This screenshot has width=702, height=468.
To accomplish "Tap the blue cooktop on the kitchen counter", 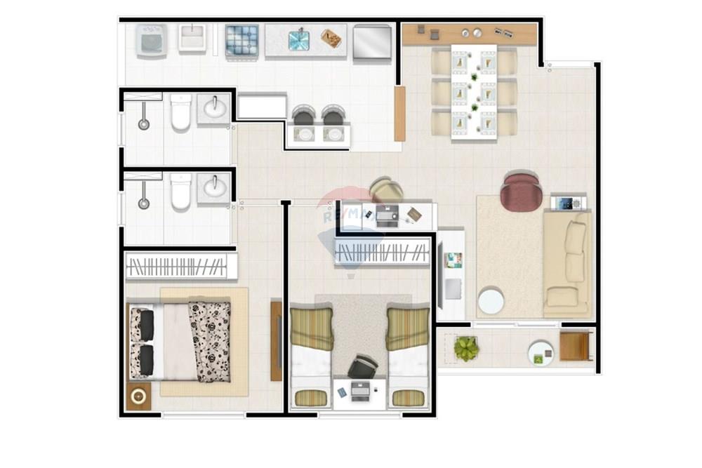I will click(242, 40).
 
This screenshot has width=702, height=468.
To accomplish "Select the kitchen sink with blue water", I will click(298, 40).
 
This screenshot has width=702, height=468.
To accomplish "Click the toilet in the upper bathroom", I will click(180, 113).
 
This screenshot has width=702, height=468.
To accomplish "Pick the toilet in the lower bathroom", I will click(180, 192).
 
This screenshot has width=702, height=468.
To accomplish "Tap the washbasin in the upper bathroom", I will click(213, 109).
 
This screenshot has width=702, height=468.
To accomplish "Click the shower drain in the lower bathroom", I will click(144, 203).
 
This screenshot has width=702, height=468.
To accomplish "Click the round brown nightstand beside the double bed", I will click(138, 396).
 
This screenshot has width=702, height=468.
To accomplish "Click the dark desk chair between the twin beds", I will click(362, 367).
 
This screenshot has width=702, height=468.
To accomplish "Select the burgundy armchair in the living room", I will click(521, 192).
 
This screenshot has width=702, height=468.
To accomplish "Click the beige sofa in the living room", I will click(567, 264).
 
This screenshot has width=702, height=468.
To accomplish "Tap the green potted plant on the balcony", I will click(466, 348).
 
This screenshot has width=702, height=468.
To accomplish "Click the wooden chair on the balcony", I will click(576, 346).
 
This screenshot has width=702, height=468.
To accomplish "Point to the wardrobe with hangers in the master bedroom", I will click(180, 267).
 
